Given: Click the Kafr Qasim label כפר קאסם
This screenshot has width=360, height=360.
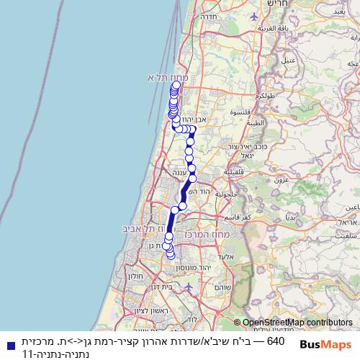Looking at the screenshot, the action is click(x=237, y=217).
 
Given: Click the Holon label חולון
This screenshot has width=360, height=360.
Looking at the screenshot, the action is click(x=137, y=275).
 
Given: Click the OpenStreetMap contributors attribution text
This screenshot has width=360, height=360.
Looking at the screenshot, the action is click(x=297, y=323).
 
